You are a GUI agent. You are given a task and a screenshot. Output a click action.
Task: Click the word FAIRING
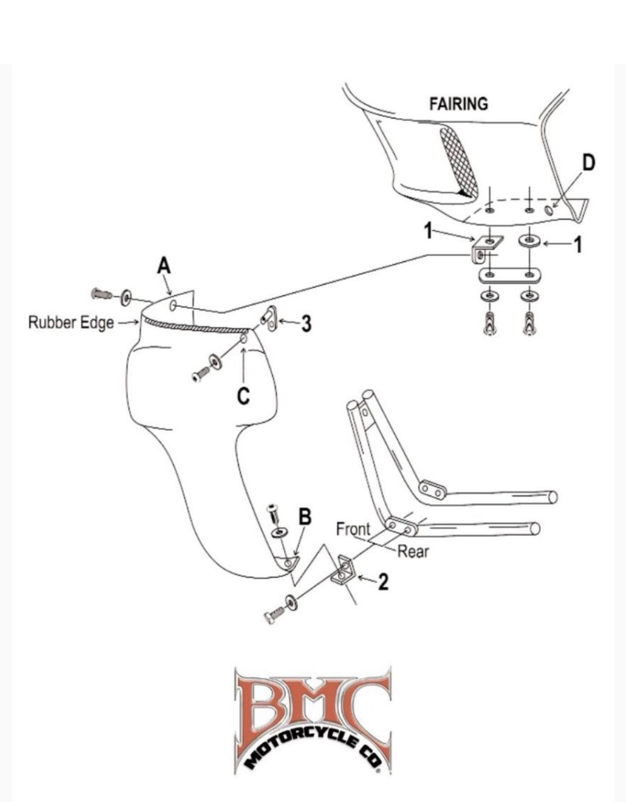coord(458,104)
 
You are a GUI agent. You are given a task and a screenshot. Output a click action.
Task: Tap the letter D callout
coord(588,163)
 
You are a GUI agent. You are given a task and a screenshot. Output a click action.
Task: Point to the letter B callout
coord(305,516)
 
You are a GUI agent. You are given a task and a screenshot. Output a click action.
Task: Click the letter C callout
coord(244,396)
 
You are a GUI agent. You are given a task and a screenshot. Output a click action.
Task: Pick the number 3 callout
coord(306,324)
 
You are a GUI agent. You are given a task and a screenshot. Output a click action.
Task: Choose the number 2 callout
coord(383,582)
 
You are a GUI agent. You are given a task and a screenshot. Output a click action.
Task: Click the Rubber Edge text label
coord(71,323)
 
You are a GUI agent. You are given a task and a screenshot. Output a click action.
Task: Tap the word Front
coord(353,529)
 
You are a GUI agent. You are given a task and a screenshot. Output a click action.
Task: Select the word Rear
coord(413,551)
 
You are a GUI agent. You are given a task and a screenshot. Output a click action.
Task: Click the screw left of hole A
coord(101,294)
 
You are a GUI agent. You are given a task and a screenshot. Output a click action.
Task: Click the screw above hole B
coord(273,512)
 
